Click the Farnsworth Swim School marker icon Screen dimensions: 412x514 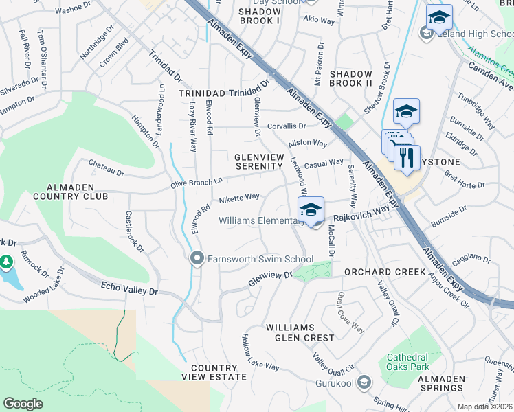pos(197,259)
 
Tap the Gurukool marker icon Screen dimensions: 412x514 pos(364,382)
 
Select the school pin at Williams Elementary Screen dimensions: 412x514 pos(311,210)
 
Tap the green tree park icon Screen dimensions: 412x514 pos(6,262)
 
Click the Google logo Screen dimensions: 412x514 pos(23,404)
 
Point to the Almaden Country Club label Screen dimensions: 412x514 pos(78,192)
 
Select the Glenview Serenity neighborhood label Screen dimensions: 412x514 pos(259,161)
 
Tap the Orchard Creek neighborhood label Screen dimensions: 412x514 pos(385,272)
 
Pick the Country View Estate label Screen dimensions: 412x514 pos(214,372)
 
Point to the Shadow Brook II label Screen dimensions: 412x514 pos(351,79)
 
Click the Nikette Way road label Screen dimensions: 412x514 pos(238,198)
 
